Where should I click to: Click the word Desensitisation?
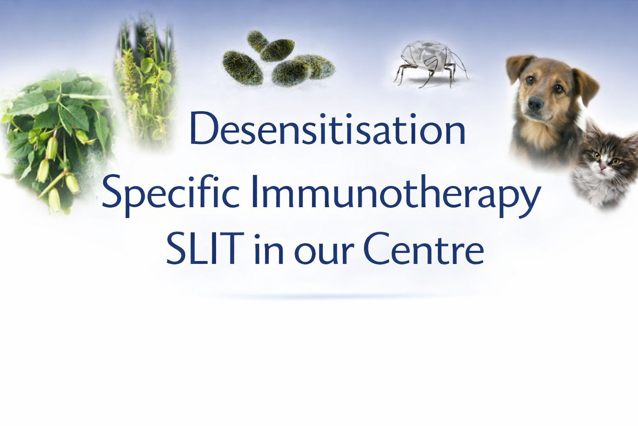pos(328,129)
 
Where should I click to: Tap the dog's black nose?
pos(535,104)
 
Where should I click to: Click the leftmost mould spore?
pos(243,68)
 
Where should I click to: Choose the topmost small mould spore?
pos(257,40)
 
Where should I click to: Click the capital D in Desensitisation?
pos(203,129)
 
